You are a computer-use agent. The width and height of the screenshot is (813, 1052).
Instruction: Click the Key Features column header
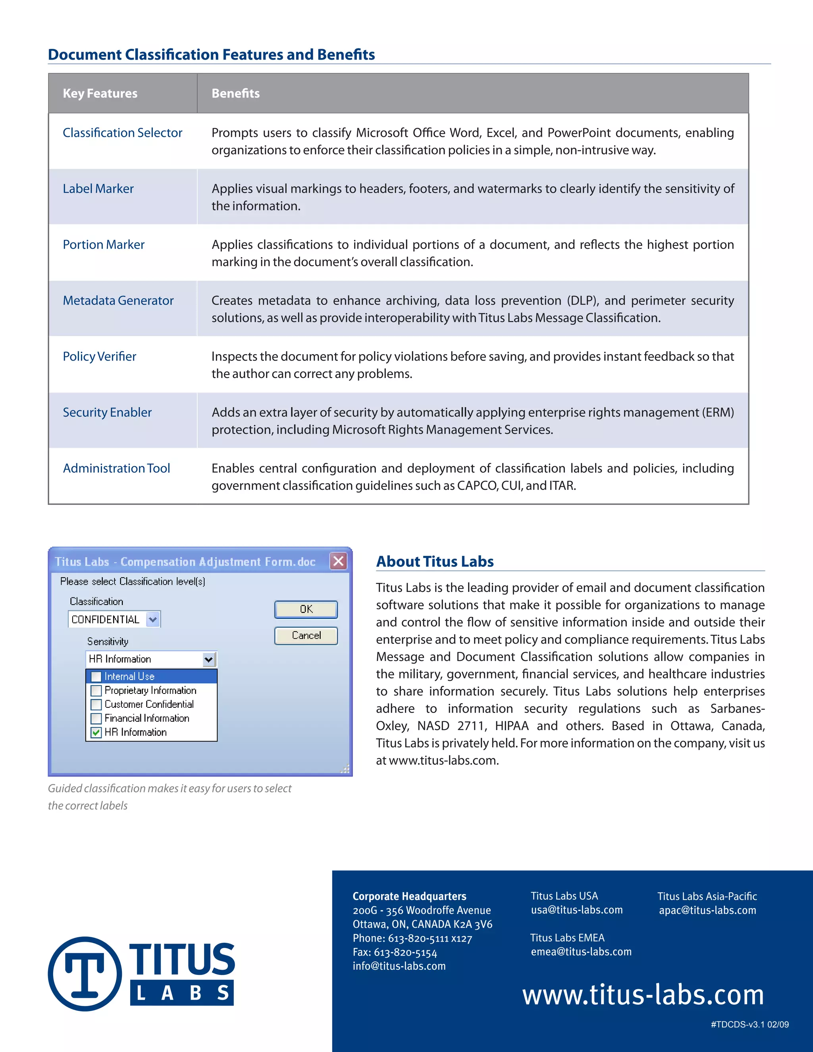(100, 93)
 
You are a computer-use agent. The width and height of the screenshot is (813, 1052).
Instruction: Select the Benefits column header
(235, 93)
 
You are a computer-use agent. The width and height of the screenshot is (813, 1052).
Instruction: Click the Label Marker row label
(98, 189)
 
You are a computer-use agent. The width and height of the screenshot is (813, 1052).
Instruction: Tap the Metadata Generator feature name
(118, 301)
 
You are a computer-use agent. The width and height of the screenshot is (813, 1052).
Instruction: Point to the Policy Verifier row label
(99, 356)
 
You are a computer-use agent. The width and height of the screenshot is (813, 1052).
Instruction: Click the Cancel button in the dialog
(306, 635)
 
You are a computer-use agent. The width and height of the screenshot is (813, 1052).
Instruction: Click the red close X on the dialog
(339, 561)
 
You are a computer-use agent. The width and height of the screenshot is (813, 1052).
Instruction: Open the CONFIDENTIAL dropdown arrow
(153, 619)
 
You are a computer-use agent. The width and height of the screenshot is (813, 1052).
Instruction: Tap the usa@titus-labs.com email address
(576, 910)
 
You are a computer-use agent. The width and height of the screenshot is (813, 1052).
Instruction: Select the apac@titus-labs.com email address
(707, 910)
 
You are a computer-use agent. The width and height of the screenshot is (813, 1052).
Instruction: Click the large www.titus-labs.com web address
(643, 995)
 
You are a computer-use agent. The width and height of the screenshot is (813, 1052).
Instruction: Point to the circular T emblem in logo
(85, 973)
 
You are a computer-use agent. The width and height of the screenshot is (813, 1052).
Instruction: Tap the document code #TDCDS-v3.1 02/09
(749, 1025)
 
